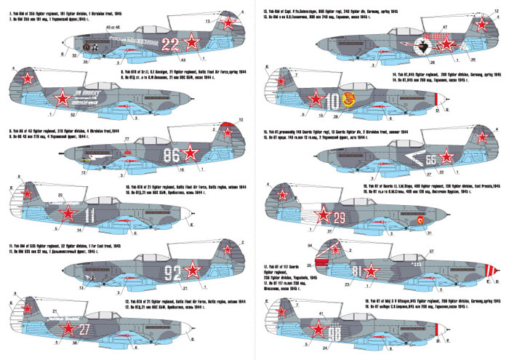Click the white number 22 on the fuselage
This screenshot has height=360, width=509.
[x=169, y=41]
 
